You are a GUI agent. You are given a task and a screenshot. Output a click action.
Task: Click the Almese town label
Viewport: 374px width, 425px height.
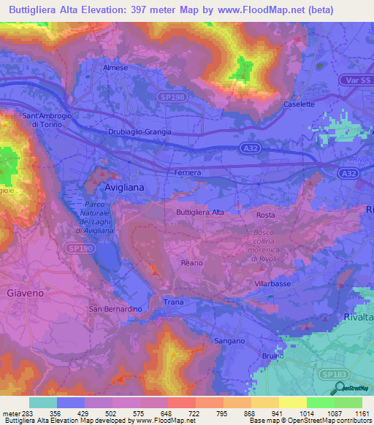[x=115, y=67]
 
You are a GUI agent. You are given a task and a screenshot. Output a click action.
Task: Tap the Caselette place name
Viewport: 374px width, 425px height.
[x=299, y=104]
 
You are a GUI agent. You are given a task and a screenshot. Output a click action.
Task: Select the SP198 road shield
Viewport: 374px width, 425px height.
[x=172, y=96]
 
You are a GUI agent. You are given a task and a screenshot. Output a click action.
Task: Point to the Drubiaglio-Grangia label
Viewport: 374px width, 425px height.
[x=140, y=131]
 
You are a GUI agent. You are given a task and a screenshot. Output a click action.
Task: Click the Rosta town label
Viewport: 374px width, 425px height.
[x=264, y=215]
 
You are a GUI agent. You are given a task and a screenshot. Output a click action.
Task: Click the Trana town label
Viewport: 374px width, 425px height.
[x=173, y=302]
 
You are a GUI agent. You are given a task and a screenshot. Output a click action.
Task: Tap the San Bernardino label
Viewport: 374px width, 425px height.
[x=115, y=309]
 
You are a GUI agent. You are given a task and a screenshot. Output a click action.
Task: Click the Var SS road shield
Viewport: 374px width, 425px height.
[x=356, y=79]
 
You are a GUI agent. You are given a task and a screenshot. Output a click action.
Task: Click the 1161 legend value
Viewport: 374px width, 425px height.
[x=362, y=414]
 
